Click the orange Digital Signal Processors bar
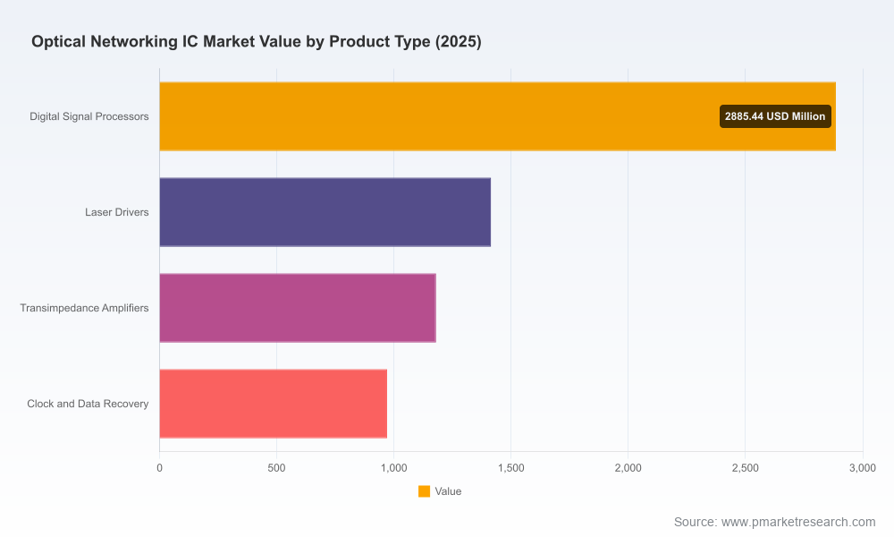click(x=497, y=116)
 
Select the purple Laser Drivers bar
click(x=325, y=212)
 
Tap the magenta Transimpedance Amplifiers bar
click(x=298, y=308)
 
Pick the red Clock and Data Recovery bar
click(x=273, y=404)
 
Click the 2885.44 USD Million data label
click(x=775, y=116)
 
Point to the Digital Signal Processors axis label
click(x=89, y=116)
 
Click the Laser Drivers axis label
click(x=117, y=212)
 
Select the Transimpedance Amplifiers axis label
click(x=84, y=308)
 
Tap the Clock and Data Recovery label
click(x=88, y=404)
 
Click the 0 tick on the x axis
click(x=160, y=468)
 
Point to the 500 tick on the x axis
click(x=276, y=468)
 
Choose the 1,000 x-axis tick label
click(x=394, y=468)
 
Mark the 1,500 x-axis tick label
click(x=510, y=468)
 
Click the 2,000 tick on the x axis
click(x=628, y=468)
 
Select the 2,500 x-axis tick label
click(x=746, y=468)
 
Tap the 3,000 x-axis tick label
click(x=863, y=468)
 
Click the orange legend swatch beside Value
click(x=424, y=491)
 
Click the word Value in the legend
click(x=448, y=491)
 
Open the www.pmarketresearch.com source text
click(x=798, y=522)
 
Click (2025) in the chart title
click(x=459, y=42)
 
